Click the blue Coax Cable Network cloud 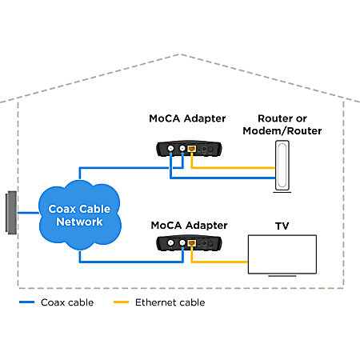(80, 215)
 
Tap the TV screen (282, 254)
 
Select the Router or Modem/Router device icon (282, 166)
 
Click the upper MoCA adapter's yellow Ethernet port (191, 149)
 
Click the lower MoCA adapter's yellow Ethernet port (191, 243)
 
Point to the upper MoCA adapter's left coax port (170, 148)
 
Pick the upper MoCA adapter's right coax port (182, 148)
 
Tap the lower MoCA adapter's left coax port (170, 242)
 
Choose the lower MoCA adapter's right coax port (182, 242)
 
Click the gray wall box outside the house (11, 213)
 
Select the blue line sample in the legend (26, 302)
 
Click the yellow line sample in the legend (121, 302)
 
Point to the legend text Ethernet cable (170, 302)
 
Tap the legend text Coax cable (67, 302)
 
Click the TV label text (282, 226)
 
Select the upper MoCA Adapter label (187, 118)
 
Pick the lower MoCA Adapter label (189, 226)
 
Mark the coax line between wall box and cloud (28, 213)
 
